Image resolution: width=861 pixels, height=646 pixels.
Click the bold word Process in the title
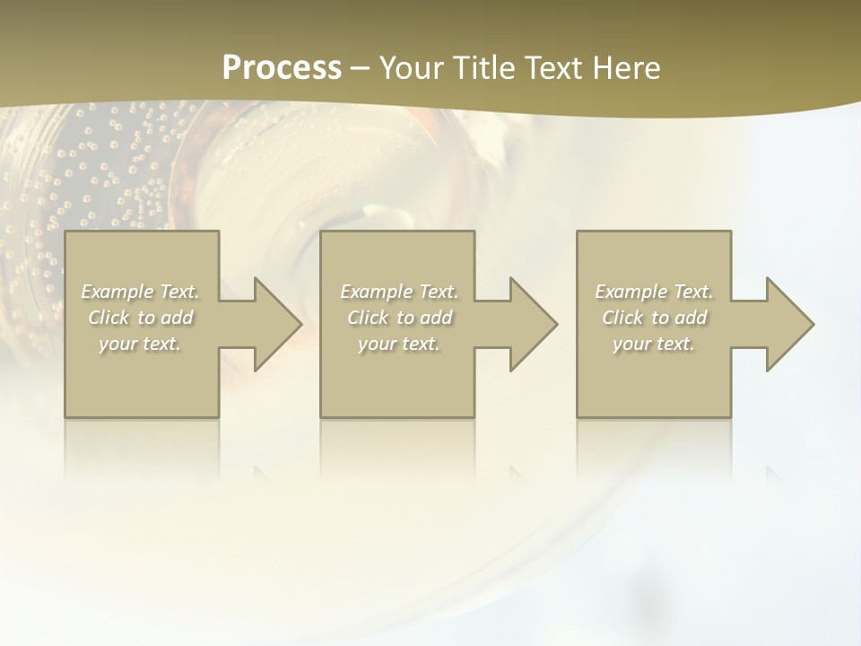(x=282, y=68)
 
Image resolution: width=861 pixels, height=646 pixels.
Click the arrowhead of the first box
(x=269, y=324)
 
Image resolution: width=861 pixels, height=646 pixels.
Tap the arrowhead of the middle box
(x=526, y=324)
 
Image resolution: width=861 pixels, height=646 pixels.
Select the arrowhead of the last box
(x=782, y=324)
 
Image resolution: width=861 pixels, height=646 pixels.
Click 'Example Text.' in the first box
(x=141, y=292)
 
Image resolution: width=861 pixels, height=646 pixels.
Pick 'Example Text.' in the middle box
(x=399, y=292)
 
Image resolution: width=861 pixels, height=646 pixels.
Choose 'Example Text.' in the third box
(x=654, y=292)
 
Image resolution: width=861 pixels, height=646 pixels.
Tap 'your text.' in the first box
(x=141, y=344)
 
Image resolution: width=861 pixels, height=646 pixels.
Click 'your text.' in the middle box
(x=399, y=344)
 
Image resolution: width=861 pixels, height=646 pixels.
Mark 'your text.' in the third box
(x=654, y=344)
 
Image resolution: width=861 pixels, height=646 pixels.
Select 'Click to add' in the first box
(x=141, y=318)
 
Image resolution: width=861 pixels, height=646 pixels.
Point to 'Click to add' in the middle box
(x=399, y=318)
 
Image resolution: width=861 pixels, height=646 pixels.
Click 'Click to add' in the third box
(x=654, y=318)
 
